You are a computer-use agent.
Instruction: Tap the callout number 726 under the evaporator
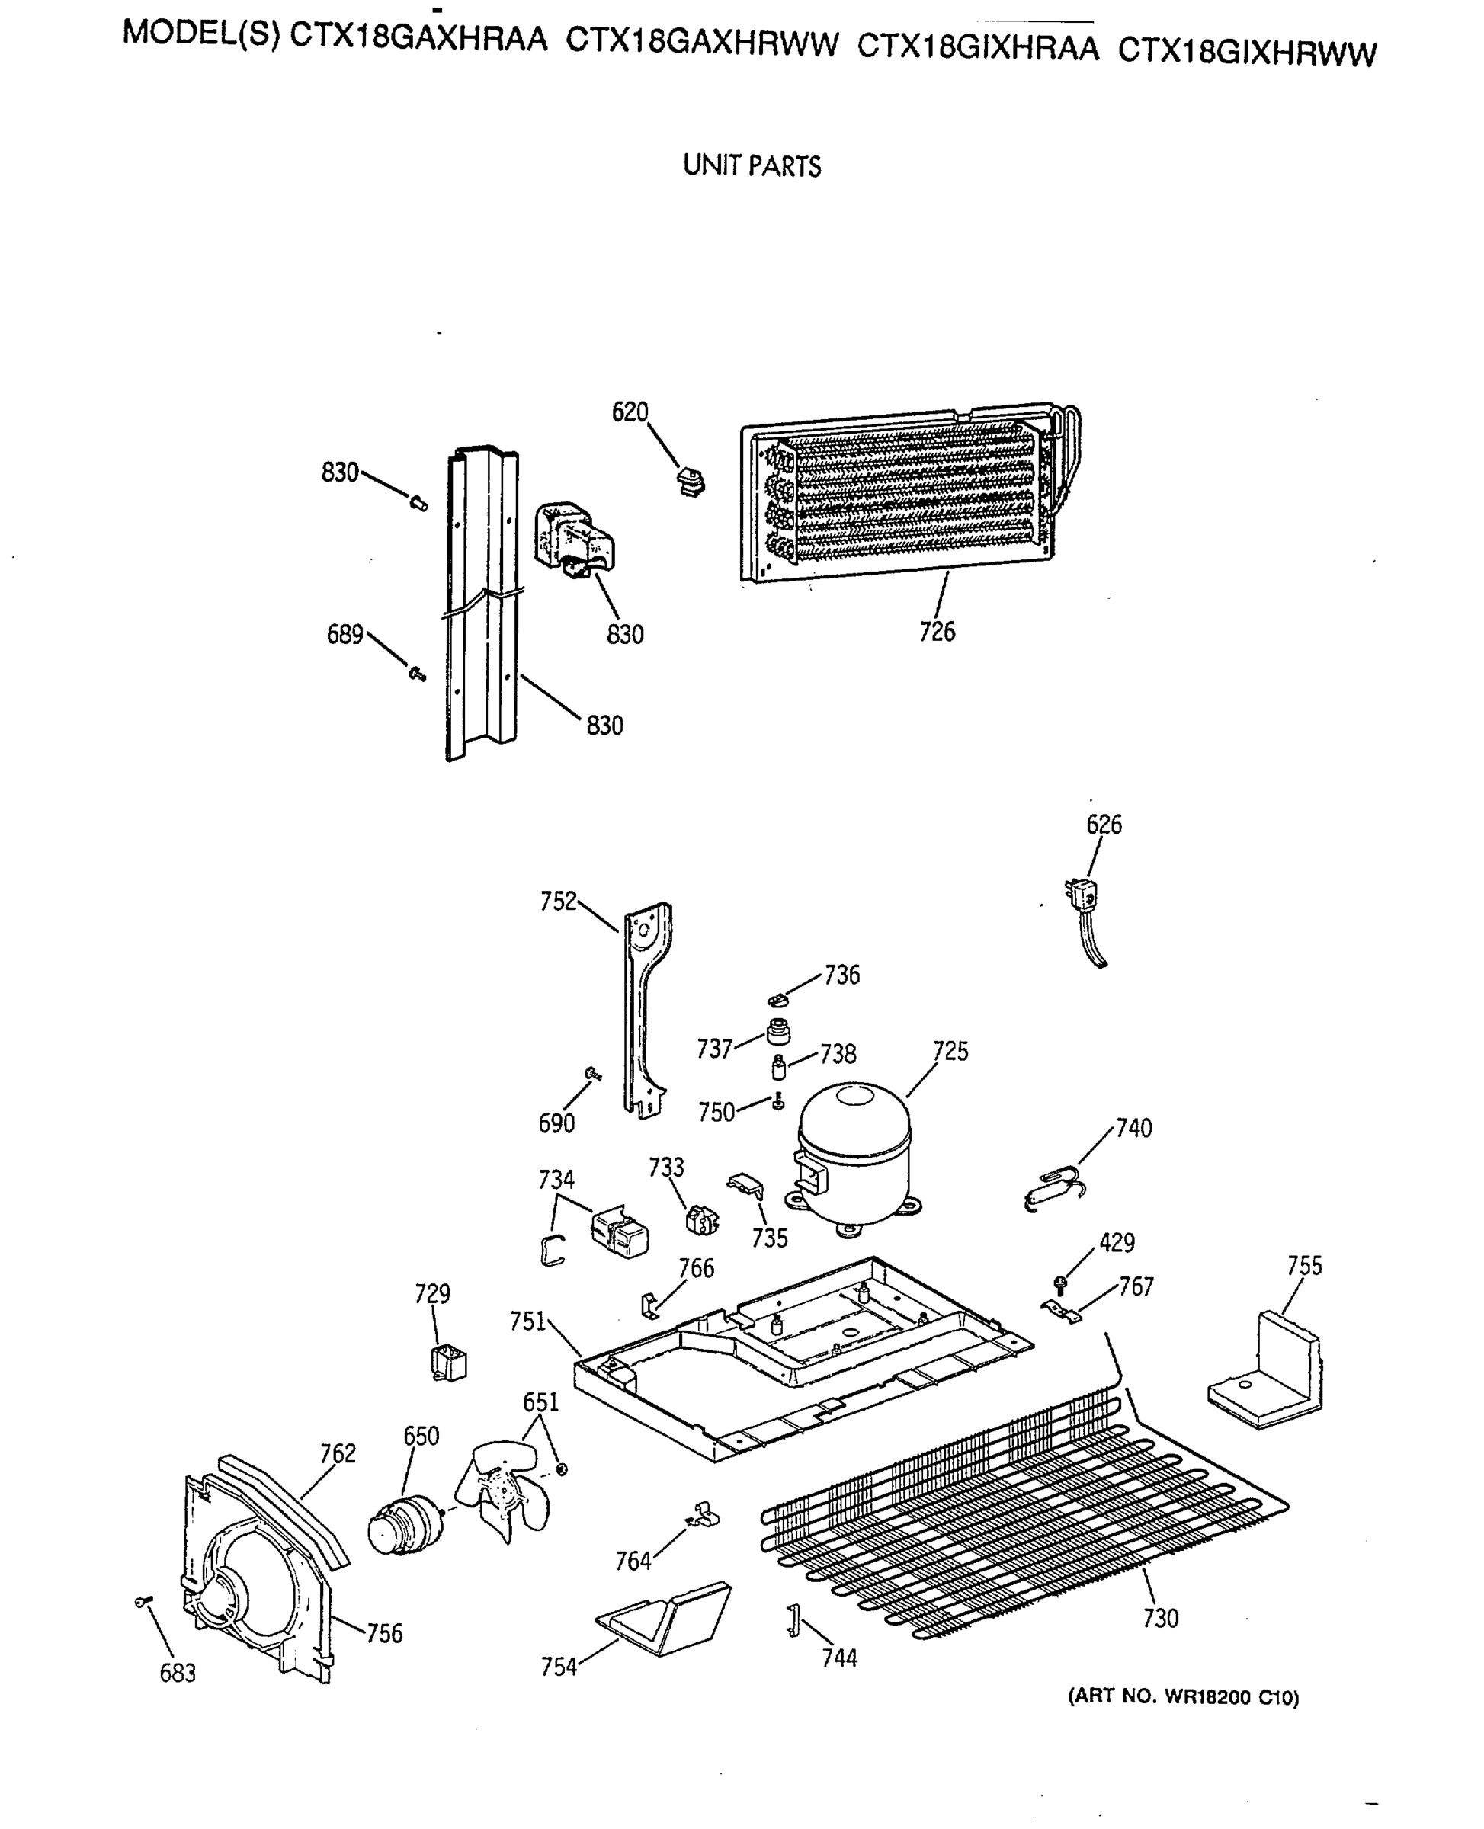click(x=937, y=632)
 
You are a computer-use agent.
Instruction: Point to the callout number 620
click(x=630, y=412)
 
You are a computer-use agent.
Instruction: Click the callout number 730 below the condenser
click(x=1160, y=1619)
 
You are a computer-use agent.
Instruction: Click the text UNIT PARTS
click(x=752, y=166)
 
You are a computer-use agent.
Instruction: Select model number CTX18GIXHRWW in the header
click(x=1247, y=54)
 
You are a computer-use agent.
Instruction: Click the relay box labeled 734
click(x=620, y=1236)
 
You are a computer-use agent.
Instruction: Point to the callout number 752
click(x=558, y=902)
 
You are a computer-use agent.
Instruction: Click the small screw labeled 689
click(x=418, y=675)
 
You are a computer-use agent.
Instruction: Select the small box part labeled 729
click(x=449, y=1363)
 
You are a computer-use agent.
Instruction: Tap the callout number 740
click(x=1133, y=1128)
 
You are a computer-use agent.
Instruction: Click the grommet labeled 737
click(x=778, y=1032)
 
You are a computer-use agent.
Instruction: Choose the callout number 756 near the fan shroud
click(x=384, y=1633)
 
